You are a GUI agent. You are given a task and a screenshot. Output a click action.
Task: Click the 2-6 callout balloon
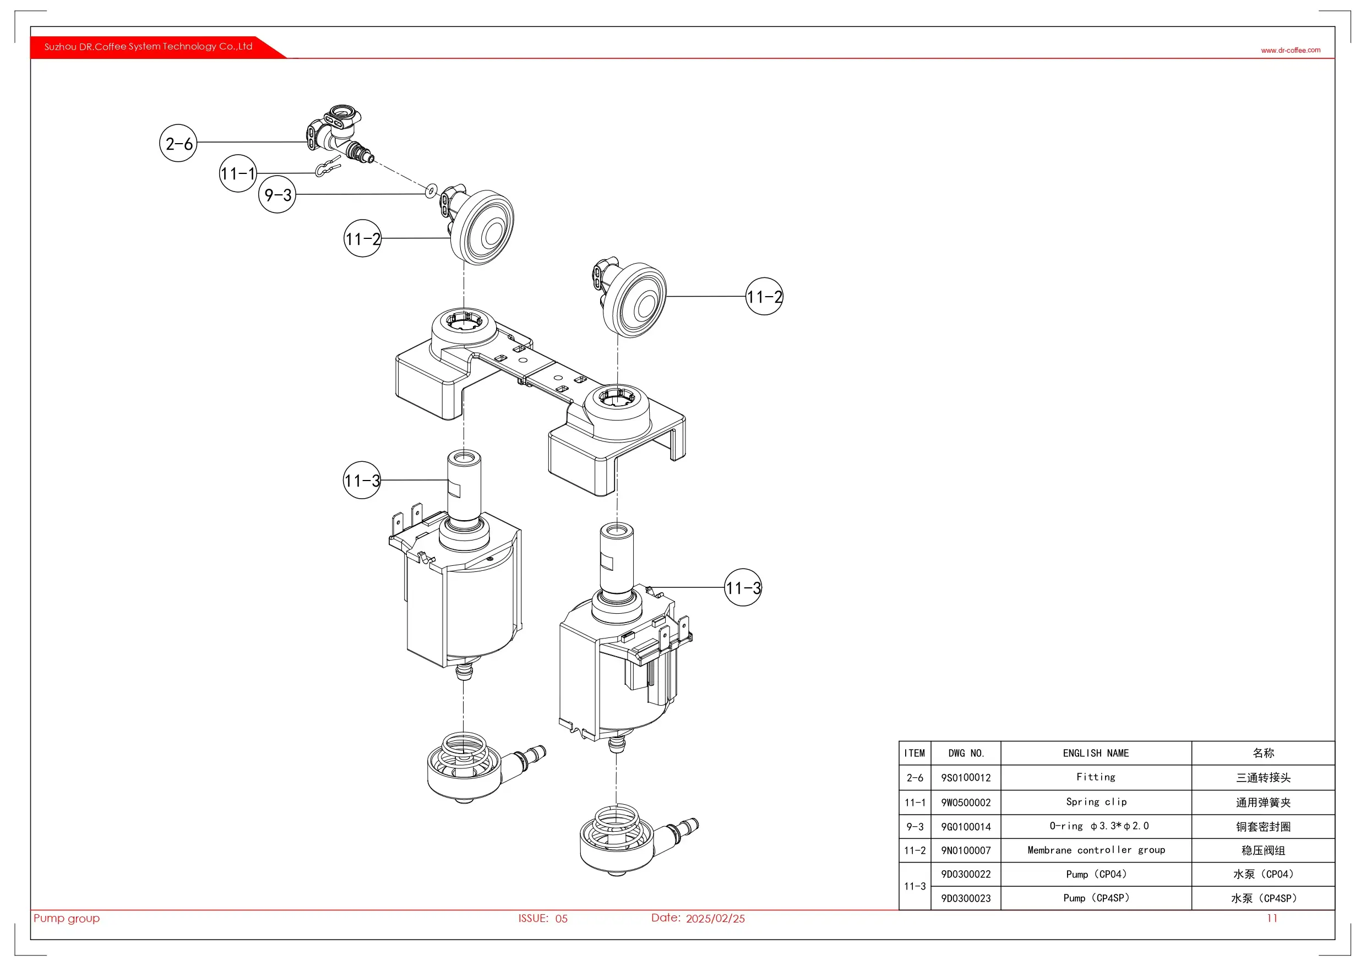pos(178,143)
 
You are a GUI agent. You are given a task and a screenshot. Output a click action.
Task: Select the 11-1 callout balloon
pos(238,173)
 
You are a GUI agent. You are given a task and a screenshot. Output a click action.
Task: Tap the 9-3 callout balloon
pos(277,194)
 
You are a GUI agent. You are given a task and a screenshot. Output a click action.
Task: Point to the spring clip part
pos(328,167)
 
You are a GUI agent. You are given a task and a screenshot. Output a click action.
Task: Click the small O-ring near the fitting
pos(431,191)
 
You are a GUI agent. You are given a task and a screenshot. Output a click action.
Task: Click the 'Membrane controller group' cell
pos(1096,850)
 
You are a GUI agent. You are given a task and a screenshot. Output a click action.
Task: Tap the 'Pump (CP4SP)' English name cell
pos(1096,898)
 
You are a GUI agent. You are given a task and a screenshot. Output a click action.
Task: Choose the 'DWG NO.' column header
pos(966,753)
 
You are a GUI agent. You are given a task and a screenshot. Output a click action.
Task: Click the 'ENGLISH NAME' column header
pos(1096,753)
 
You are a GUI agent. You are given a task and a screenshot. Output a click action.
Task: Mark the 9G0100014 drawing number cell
pos(966,827)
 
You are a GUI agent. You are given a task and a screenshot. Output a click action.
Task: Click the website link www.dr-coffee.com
pos(1291,50)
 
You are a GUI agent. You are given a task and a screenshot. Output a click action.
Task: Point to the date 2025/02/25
pos(715,919)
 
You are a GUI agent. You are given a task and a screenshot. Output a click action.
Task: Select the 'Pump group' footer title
pos(67,918)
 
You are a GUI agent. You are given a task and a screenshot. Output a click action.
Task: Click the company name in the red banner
pos(148,46)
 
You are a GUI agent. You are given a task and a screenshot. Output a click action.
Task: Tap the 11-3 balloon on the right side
pos(743,588)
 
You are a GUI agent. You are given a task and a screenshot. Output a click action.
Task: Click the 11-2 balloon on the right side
pos(765,296)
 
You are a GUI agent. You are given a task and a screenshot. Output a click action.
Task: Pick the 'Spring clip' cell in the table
pos(1096,802)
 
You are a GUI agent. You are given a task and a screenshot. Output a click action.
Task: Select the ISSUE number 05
pos(561,919)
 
